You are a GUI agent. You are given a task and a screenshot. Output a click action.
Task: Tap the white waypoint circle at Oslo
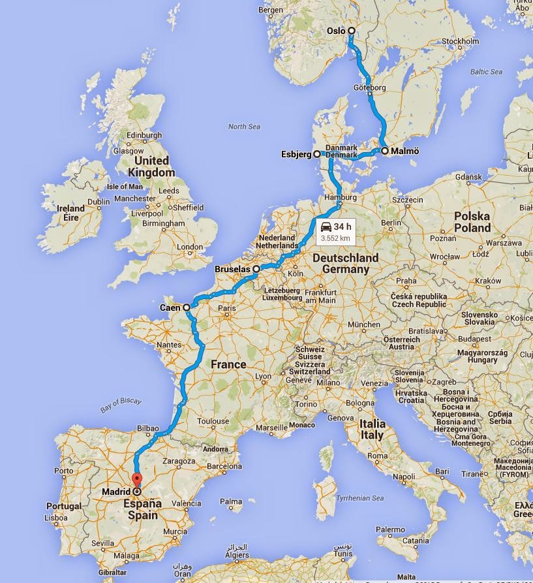pyautogui.click(x=351, y=31)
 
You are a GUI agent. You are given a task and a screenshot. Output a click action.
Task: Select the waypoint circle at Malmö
pyautogui.click(x=385, y=151)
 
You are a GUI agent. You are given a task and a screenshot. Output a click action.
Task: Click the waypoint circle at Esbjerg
pyautogui.click(x=317, y=155)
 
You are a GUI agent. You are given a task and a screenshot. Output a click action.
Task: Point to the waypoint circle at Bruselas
pyautogui.click(x=256, y=268)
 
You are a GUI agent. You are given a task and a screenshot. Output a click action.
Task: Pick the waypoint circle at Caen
pyautogui.click(x=187, y=307)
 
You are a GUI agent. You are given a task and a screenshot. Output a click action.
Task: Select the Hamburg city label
pyautogui.click(x=339, y=197)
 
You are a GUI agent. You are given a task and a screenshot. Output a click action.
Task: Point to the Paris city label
pyautogui.click(x=226, y=309)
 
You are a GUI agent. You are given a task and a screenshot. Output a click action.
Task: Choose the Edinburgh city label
pyautogui.click(x=144, y=136)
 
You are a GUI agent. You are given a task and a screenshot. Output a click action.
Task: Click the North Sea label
pyautogui.click(x=244, y=127)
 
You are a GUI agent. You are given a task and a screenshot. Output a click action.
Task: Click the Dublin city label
pyautogui.click(x=99, y=202)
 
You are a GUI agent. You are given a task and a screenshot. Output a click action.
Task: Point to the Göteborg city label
pyautogui.click(x=371, y=87)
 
